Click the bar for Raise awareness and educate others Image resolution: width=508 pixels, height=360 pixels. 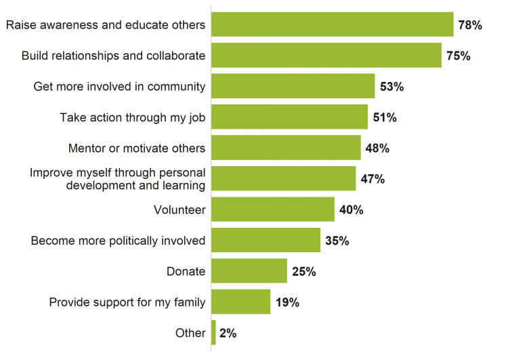332,24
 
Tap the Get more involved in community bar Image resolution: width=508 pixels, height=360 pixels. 293,86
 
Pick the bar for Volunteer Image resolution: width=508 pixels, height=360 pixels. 273,209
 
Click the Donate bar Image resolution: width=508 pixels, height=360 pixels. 249,271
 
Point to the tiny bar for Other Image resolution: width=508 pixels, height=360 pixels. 214,332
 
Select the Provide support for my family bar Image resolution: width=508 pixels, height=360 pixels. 241,302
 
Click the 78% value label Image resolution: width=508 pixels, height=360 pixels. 469,25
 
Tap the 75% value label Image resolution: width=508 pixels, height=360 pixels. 458,56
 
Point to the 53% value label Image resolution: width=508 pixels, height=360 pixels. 391,87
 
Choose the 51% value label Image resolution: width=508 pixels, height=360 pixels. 385,117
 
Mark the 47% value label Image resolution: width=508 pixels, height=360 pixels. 373,179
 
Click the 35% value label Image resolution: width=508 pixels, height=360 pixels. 337,241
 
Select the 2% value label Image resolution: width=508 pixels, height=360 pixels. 228,333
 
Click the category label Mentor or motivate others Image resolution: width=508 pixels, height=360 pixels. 137,148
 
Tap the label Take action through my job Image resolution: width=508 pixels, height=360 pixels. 132,117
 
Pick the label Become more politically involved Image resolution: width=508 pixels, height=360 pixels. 118,241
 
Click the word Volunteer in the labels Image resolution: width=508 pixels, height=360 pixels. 179,209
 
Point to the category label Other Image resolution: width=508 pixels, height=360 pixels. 190,333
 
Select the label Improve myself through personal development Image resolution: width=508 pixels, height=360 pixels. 117,179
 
